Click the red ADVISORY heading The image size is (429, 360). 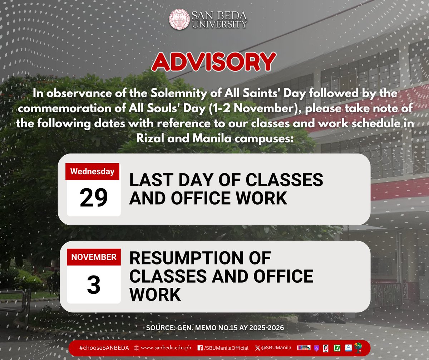(x=214, y=62)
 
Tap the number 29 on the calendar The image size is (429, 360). (x=94, y=198)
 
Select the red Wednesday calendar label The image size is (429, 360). (x=92, y=171)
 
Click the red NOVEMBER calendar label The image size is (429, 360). (x=94, y=257)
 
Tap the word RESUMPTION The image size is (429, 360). (x=200, y=258)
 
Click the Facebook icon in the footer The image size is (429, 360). (x=200, y=347)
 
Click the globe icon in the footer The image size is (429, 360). (x=136, y=347)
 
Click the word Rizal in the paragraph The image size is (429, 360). (x=148, y=138)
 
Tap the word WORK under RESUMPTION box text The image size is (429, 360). (x=155, y=295)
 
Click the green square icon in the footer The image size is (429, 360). (x=336, y=347)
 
